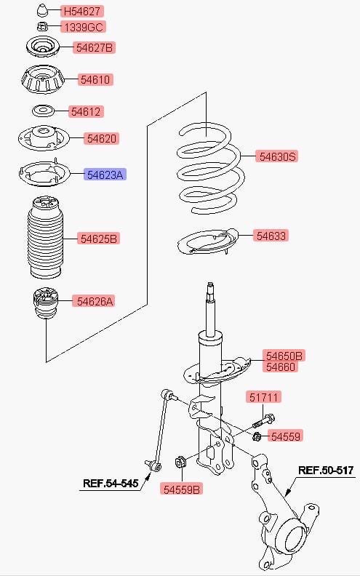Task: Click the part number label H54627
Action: [82, 12]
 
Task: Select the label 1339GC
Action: [84, 27]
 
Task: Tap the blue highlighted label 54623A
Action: [105, 175]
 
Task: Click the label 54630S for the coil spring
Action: [277, 156]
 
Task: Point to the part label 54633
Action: [271, 236]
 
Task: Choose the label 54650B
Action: [284, 356]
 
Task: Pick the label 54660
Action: [280, 367]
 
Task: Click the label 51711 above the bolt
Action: [264, 397]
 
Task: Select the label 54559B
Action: [182, 489]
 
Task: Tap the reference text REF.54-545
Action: [111, 483]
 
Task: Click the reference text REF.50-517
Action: [326, 471]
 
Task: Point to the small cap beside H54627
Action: [43, 11]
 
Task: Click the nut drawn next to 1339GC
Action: [43, 27]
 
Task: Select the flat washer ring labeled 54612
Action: [43, 111]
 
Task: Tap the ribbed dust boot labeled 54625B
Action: [45, 238]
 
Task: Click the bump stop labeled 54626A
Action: [45, 303]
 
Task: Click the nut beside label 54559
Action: [257, 436]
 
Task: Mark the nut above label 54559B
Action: [180, 461]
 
